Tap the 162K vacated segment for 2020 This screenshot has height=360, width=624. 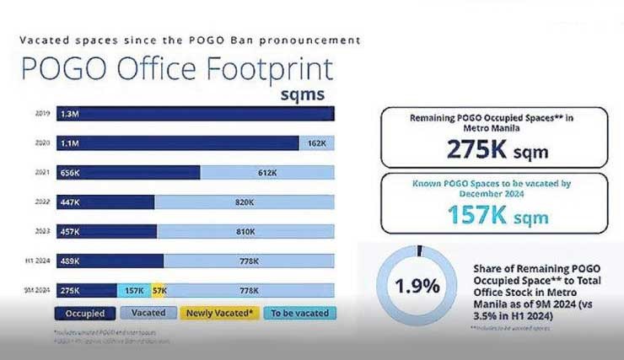[x=316, y=143]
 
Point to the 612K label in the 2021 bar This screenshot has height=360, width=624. [x=267, y=173]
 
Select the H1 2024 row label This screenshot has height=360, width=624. [x=40, y=261]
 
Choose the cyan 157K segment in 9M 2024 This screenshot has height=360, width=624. [x=133, y=290]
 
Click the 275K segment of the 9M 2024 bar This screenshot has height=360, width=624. [x=84, y=290]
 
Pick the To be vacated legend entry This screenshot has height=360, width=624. [x=298, y=313]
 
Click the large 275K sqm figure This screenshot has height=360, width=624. [x=492, y=150]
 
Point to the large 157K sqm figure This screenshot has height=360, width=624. [x=493, y=217]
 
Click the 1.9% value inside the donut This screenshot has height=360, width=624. [x=418, y=285]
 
